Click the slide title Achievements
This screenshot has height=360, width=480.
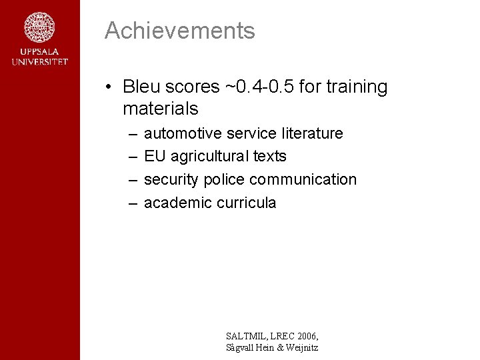(x=179, y=31)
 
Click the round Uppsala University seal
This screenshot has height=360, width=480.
(x=39, y=27)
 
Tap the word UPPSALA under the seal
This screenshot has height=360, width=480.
(x=39, y=52)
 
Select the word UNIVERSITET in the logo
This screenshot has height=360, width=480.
(x=39, y=62)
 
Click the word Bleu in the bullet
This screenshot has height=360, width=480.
(x=142, y=87)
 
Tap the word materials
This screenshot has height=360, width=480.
(x=160, y=108)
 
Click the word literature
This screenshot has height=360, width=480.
(x=311, y=133)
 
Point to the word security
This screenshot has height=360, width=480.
(x=171, y=179)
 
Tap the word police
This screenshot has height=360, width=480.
(x=224, y=179)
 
